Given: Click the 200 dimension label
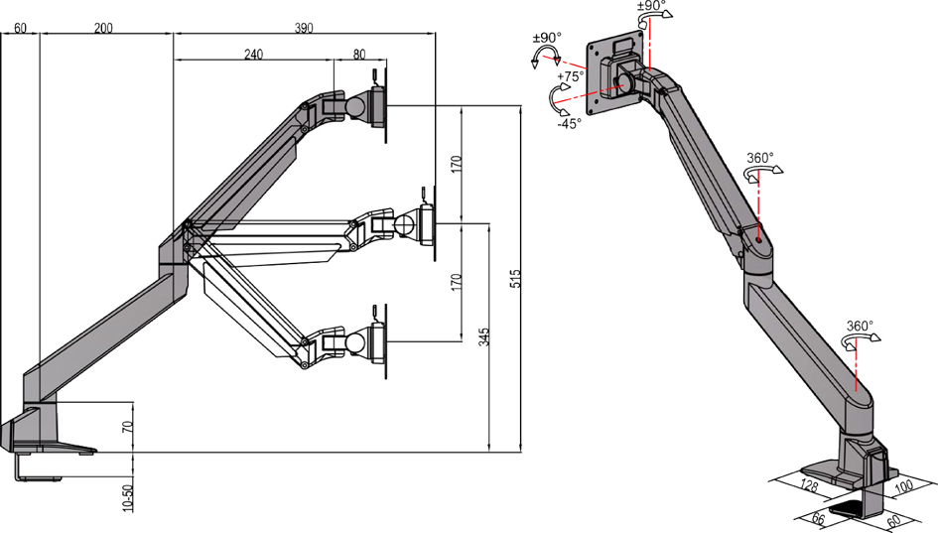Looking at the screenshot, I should pyautogui.click(x=103, y=29).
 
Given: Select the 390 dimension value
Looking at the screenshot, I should pyautogui.click(x=304, y=29).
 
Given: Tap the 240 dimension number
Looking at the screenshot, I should pyautogui.click(x=253, y=56).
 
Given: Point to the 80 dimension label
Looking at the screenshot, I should pyautogui.click(x=358, y=56).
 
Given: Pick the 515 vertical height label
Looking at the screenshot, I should pyautogui.click(x=514, y=280).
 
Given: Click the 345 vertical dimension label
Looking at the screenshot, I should pyautogui.click(x=483, y=336).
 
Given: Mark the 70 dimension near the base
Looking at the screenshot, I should pyautogui.click(x=126, y=428).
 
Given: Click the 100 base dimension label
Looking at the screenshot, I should pyautogui.click(x=905, y=486).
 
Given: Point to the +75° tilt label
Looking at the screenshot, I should pyautogui.click(x=569, y=76).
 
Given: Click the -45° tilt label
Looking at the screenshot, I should pyautogui.click(x=568, y=124).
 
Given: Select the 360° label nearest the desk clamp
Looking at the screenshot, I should pyautogui.click(x=860, y=325).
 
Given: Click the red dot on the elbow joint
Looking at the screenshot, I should pyautogui.click(x=758, y=239).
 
